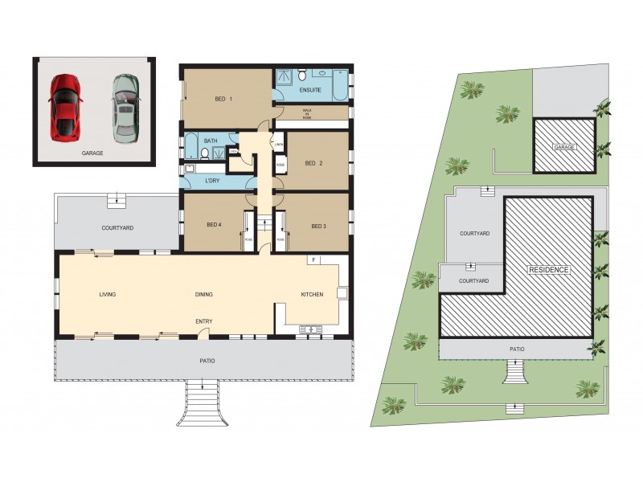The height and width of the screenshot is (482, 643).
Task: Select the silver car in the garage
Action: (x=125, y=108)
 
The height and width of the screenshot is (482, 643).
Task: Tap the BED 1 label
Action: (x=223, y=100)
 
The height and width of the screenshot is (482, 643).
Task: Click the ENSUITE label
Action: (x=311, y=91)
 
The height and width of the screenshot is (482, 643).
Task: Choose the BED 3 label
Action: (x=318, y=226)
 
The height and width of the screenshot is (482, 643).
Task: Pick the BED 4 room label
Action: (x=213, y=226)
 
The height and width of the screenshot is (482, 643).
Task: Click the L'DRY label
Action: (x=212, y=180)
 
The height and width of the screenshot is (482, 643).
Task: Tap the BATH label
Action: (x=211, y=141)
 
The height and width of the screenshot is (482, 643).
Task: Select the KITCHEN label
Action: (x=312, y=295)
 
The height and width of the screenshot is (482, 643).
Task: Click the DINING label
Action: (x=204, y=295)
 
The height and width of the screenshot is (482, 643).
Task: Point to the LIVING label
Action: (x=108, y=295)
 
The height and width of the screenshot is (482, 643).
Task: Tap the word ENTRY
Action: (x=204, y=321)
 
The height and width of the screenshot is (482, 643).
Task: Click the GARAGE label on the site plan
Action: (x=564, y=148)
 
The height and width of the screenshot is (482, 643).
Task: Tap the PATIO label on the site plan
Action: (x=518, y=349)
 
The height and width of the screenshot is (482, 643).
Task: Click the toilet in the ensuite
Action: (x=302, y=76)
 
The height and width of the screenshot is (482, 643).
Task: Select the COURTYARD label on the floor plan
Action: (x=117, y=228)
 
